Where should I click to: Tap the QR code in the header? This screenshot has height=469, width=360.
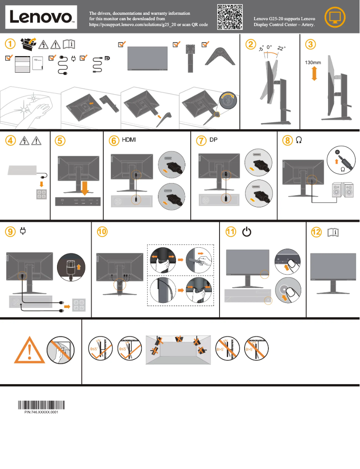tap(230, 17)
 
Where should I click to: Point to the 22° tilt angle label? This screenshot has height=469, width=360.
tap(281, 48)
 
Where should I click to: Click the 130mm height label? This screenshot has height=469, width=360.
tap(313, 62)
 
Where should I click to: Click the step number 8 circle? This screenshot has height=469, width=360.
tap(287, 140)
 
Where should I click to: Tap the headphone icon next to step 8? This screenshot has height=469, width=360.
tap(299, 140)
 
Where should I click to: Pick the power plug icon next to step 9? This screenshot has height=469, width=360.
tap(23, 232)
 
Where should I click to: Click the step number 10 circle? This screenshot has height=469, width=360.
tap(103, 232)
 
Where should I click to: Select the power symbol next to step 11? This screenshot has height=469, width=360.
tap(246, 232)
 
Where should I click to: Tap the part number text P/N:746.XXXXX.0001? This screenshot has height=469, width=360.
tap(41, 412)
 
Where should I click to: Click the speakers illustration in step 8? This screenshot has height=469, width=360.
tap(342, 190)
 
